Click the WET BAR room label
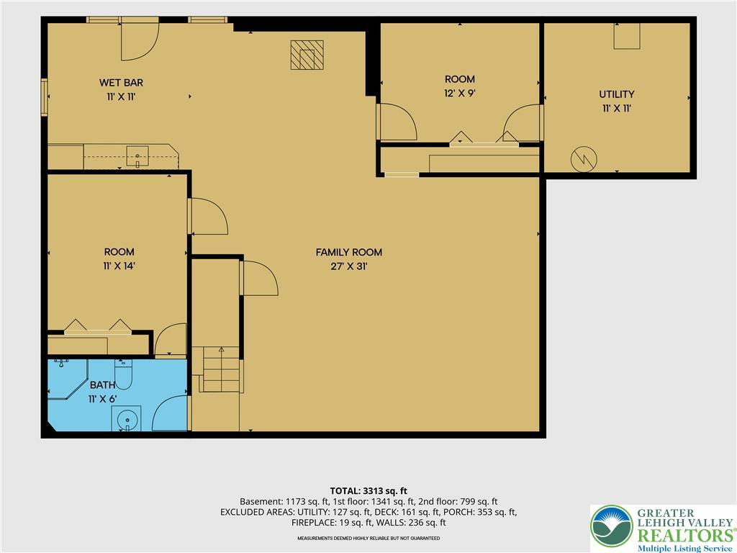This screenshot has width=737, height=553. pyautogui.click(x=121, y=83)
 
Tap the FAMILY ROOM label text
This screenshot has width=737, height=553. pyautogui.click(x=349, y=253)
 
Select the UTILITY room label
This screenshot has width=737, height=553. pyautogui.click(x=617, y=94)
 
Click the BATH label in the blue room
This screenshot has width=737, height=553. pyautogui.click(x=102, y=385)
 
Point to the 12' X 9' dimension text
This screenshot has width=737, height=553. pyautogui.click(x=460, y=93)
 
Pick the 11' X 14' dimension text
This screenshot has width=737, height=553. pyautogui.click(x=119, y=266)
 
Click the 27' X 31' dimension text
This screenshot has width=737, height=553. pyautogui.click(x=349, y=266)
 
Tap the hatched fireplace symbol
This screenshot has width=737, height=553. pyautogui.click(x=307, y=55)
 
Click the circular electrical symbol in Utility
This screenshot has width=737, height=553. pyautogui.click(x=584, y=159)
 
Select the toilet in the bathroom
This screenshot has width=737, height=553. pyautogui.click(x=123, y=374)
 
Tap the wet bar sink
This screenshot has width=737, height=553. pyautogui.click(x=137, y=156)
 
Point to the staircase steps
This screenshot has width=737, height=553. pyautogui.click(x=222, y=369)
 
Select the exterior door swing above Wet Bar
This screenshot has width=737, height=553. pyautogui.click(x=140, y=41)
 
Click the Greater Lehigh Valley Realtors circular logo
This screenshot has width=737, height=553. pyautogui.click(x=612, y=526)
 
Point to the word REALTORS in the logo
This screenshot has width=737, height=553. pyautogui.click(x=684, y=536)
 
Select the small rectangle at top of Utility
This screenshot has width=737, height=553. pyautogui.click(x=627, y=36)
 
